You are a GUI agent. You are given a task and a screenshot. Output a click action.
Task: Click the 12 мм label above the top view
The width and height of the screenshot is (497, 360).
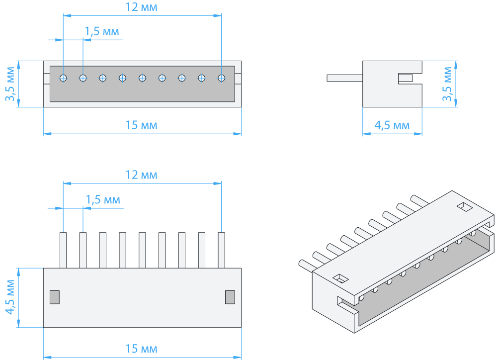point(141,7)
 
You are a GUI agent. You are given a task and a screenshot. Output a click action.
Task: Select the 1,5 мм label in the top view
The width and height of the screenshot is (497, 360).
point(102,31)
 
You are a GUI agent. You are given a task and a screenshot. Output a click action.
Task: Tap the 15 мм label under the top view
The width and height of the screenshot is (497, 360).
point(141,125)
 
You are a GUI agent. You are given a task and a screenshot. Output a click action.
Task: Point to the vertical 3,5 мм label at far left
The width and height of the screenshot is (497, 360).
point(10,84)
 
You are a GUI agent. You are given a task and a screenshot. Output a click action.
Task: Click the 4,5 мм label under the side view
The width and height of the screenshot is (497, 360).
point(392,125)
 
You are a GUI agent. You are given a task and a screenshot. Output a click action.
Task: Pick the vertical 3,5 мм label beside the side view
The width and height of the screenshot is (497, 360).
point(447,84)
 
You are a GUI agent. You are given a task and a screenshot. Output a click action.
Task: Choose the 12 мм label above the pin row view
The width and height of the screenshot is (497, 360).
point(141,175)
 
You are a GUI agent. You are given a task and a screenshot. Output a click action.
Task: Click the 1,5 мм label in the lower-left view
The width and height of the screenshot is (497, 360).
point(103,199)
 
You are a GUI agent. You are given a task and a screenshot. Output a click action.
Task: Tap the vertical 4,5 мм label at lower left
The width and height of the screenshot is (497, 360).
point(10,297)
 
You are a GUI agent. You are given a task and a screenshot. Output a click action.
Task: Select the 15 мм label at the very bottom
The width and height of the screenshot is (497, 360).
point(141,349)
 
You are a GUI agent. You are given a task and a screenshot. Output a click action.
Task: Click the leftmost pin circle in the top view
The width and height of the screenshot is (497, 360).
point(64,78)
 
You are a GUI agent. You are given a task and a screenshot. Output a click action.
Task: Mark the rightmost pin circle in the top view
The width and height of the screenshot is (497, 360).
point(222,78)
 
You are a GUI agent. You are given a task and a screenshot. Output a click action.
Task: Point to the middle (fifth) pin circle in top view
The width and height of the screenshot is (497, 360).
point(142,78)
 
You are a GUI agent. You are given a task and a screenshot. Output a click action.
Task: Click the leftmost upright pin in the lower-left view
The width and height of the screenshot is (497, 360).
point(64,250)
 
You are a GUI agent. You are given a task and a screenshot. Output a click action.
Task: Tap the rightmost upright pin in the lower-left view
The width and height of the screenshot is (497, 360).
point(222,250)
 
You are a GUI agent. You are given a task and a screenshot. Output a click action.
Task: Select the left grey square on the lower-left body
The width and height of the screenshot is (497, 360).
point(55,297)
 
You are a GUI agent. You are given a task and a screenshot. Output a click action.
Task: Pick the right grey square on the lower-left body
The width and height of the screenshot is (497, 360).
point(230,297)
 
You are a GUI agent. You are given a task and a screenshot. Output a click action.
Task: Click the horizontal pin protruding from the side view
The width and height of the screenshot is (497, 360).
point(345,78)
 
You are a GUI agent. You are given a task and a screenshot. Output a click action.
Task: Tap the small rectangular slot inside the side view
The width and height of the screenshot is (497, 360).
point(406,78)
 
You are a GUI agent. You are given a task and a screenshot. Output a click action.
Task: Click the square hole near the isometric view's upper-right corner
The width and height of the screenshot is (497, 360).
point(465,207)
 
